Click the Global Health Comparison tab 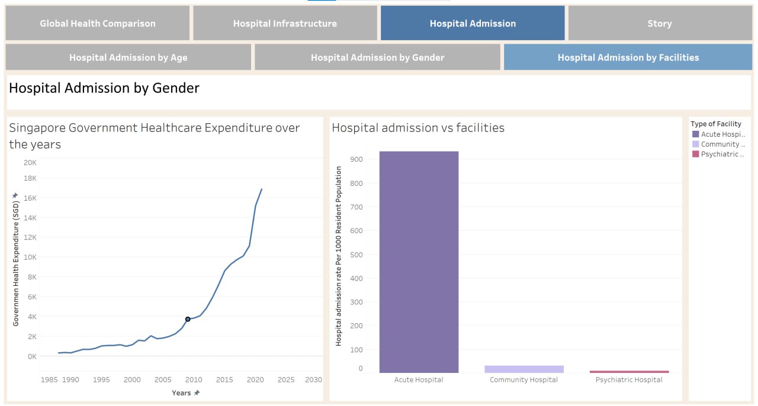pos(98,24)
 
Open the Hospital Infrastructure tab pos(285,24)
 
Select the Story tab pos(659,24)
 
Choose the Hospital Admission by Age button pos(129,57)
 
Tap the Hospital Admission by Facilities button pos(628,57)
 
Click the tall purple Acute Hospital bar pos(419,260)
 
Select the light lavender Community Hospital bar pos(523,369)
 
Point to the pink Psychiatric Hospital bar pos(629,372)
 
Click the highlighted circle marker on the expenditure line pos(188,319)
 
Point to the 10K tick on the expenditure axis pos(30,257)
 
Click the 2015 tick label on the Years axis pos(224,379)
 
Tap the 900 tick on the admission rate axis pos(356,159)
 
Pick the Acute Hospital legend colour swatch pos(695,134)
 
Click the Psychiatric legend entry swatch pos(695,154)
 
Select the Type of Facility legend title pos(715,124)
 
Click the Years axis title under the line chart pos(181,393)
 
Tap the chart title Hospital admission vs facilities pos(418,127)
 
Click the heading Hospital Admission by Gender pos(104,88)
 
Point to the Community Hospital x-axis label pos(523,380)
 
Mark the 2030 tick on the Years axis pos(313,379)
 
